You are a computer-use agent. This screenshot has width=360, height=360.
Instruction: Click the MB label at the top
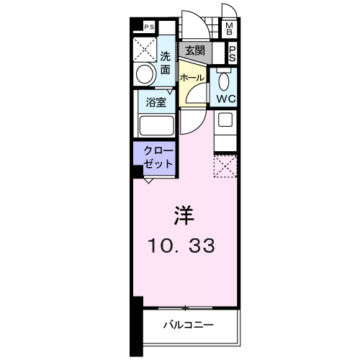click(x=230, y=29)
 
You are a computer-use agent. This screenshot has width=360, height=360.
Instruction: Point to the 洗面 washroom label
click(x=166, y=63)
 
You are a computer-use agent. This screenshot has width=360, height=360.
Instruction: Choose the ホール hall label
click(x=191, y=77)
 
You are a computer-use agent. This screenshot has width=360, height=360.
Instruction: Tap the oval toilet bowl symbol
click(x=223, y=80)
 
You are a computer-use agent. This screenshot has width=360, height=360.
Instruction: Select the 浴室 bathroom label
click(x=156, y=102)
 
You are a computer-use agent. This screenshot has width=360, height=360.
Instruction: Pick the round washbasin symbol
click(x=145, y=74)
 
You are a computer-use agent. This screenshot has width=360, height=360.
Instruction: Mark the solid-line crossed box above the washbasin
click(x=145, y=48)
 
